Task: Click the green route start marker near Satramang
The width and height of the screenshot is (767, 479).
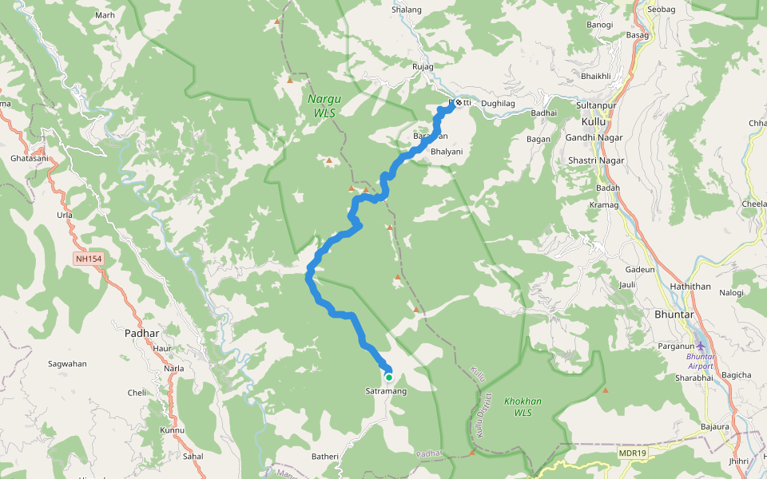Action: click(389, 378)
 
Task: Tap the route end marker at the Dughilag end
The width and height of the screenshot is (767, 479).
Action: click(458, 103)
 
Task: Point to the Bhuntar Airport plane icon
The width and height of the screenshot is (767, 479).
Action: click(701, 346)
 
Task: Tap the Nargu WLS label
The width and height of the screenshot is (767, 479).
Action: click(324, 106)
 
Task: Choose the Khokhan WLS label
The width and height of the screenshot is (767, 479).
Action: click(523, 406)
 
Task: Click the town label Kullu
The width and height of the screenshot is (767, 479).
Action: click(594, 121)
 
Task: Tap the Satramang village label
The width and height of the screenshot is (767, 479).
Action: click(386, 391)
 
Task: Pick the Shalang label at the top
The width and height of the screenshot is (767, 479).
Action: click(407, 10)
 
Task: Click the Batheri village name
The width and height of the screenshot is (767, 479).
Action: click(325, 456)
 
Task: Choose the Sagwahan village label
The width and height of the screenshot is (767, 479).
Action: click(67, 363)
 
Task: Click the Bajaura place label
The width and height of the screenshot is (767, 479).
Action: click(714, 426)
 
